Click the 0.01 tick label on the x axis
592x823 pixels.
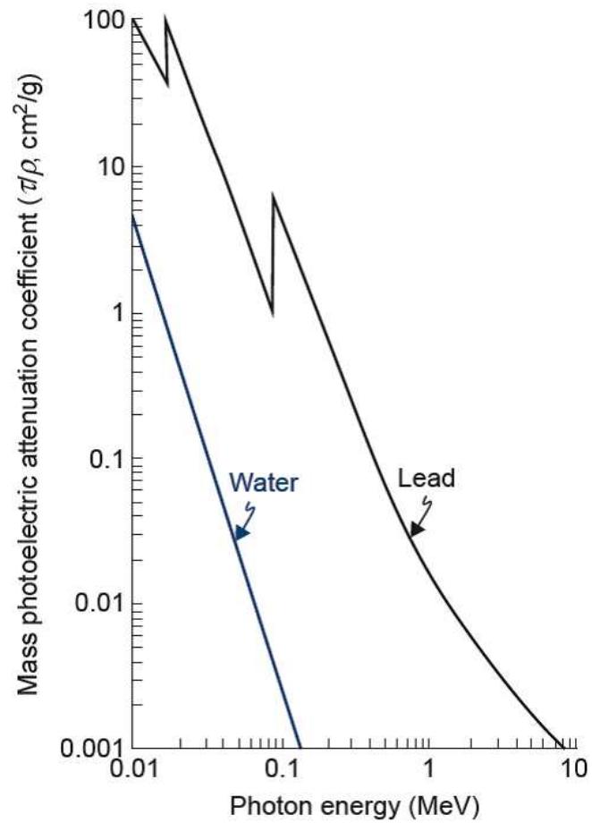[x=131, y=768]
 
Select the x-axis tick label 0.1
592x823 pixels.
[x=282, y=768]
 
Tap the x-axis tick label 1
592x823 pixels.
[x=429, y=768]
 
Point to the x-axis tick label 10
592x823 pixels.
[x=575, y=768]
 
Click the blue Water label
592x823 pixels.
[x=264, y=482]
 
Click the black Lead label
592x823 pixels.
[x=427, y=479]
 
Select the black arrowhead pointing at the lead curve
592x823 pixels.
[x=418, y=529]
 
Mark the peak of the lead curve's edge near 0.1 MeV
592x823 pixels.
[x=273, y=195]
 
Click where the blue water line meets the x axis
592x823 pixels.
[x=300, y=748]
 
